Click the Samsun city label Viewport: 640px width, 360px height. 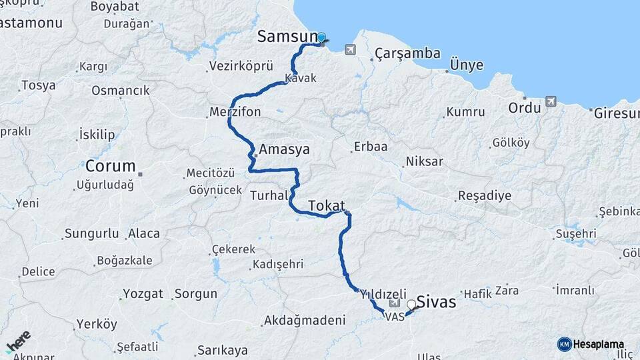tap(287, 37)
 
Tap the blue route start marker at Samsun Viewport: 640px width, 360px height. tap(321, 38)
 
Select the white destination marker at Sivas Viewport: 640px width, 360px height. tap(412, 305)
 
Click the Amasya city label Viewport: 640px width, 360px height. tap(285, 149)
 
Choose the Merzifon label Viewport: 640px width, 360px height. tap(235, 111)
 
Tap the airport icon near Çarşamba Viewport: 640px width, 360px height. tap(351, 49)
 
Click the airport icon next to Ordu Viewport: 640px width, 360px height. tap(551, 101)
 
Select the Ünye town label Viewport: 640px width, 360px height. tap(467, 64)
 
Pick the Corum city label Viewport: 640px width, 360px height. tap(111, 166)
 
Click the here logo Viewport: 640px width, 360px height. tap(18, 342)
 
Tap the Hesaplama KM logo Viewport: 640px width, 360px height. tap(591, 344)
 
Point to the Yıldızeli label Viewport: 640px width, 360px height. tap(383, 293)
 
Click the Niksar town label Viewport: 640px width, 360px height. tap(424, 161)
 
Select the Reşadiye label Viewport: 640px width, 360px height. tap(484, 196)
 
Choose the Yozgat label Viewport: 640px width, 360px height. tap(143, 293)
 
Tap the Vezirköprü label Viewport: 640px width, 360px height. tap(241, 66)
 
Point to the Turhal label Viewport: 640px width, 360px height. tap(269, 195)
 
